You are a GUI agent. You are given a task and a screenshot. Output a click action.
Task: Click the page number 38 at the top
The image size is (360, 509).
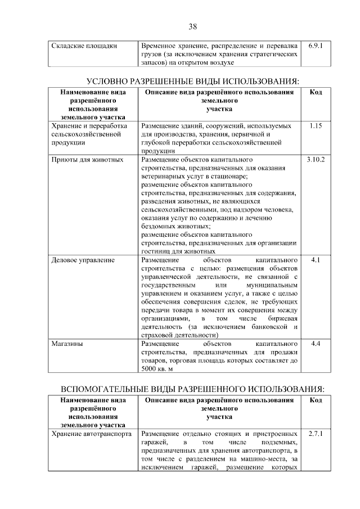point(192,26)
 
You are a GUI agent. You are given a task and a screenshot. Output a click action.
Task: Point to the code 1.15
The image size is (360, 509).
point(316,127)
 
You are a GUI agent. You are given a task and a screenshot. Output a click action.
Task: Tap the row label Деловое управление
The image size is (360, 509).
point(83,260)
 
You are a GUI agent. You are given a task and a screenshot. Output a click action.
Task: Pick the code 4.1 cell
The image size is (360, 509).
point(316,260)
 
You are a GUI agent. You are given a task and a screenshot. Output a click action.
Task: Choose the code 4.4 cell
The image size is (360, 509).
point(316,343)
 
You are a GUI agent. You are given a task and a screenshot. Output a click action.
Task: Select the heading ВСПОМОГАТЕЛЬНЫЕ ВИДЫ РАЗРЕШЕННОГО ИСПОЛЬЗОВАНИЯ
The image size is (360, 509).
point(192,389)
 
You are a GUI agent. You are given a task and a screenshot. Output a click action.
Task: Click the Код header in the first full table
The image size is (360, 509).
point(316,92)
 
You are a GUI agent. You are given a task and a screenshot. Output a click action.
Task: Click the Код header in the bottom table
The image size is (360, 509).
point(316,400)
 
